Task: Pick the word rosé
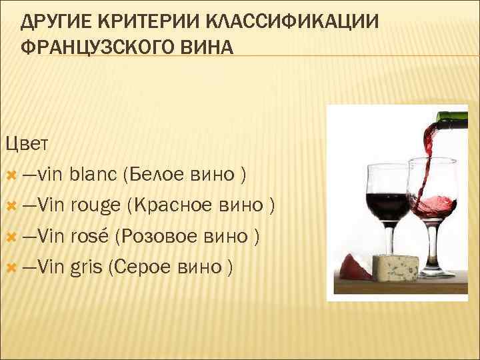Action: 91,237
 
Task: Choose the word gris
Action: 86,267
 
